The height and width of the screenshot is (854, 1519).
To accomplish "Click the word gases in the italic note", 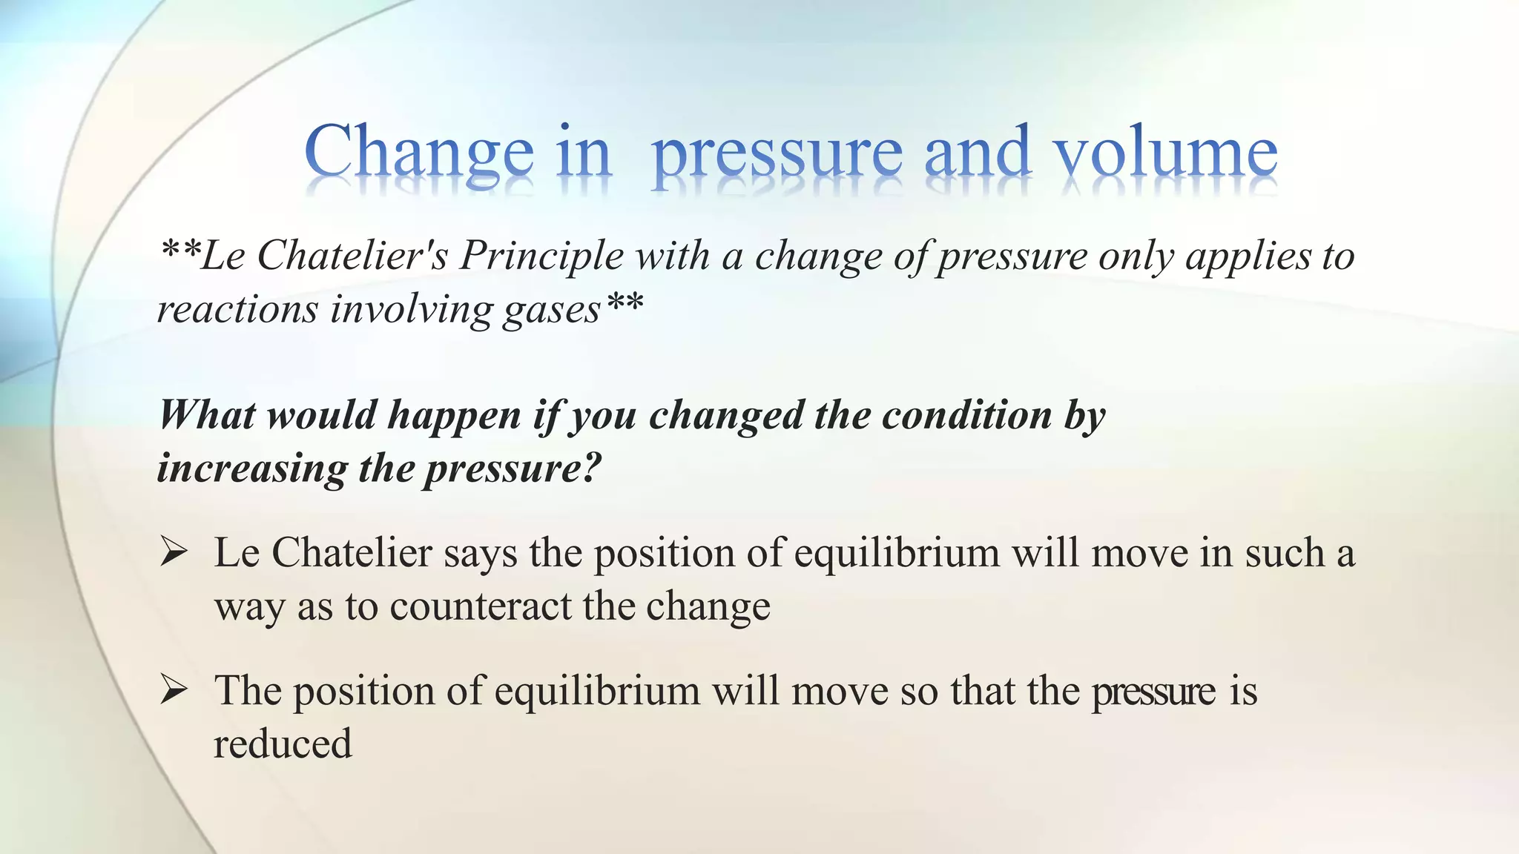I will click(551, 310).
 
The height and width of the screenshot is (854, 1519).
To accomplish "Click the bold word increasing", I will click(251, 469).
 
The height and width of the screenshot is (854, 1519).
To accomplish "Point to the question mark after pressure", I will click(588, 468).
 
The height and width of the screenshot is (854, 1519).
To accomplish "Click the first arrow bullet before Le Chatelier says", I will click(173, 552).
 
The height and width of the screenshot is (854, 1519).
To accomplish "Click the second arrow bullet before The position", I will click(173, 690).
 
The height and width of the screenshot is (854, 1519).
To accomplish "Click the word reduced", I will click(283, 744).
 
